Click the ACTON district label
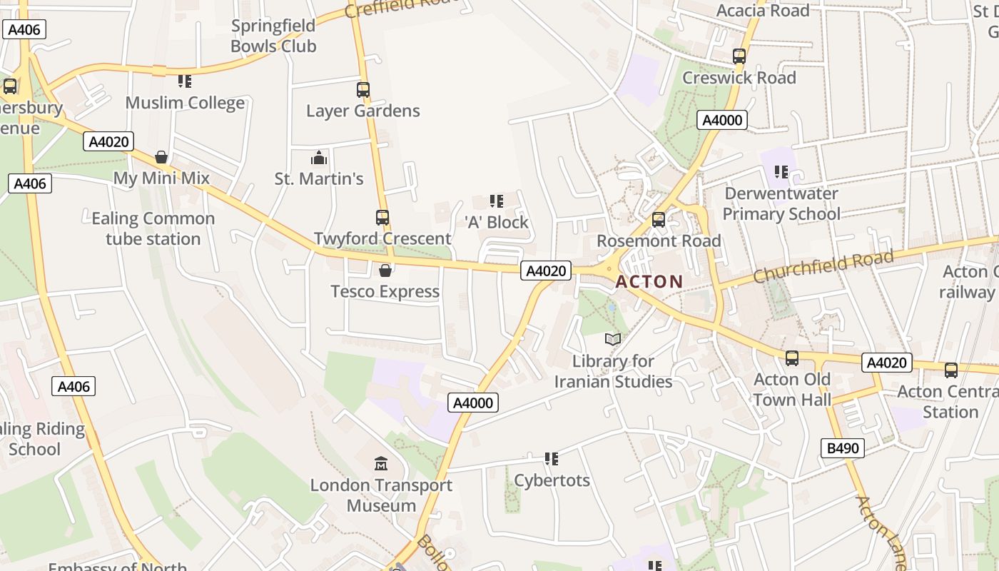pos(649,281)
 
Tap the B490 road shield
pos(842,448)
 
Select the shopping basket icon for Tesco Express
pos(385,271)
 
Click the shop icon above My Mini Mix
pos(161,157)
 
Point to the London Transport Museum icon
pos(381,464)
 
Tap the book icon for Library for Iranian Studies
pos(613,339)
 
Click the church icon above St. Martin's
pos(319,158)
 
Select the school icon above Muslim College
pos(185,81)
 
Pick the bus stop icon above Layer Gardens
pos(363,90)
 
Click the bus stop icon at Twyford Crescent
pos(382,218)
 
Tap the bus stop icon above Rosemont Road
pos(659,220)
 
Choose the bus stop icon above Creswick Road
pos(739,56)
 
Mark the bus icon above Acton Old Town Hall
pos(792,358)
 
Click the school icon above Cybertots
pos(552,459)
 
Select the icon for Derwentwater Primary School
pos(781,172)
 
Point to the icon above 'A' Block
pos(497,201)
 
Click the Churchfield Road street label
pos(823,265)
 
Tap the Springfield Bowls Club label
pos(273,36)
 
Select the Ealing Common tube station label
pos(153,228)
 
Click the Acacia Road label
pos(763,11)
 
